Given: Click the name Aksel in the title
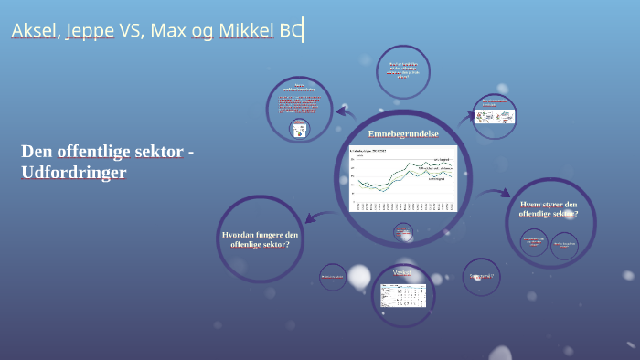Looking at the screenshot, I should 35,32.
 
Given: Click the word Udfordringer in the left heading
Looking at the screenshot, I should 73,172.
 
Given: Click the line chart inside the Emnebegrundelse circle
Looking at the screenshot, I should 402,178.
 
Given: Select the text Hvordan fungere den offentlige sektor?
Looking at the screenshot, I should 260,239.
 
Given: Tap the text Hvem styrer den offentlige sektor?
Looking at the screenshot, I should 549,208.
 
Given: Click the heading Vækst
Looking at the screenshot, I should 403,273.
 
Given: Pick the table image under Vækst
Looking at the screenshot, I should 403,295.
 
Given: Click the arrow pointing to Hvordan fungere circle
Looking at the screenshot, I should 315,217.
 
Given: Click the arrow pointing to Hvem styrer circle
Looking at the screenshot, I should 495,193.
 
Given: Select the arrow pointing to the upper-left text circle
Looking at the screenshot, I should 344,112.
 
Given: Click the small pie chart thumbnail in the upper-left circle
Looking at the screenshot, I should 297,130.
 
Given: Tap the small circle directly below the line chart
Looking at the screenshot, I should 403,234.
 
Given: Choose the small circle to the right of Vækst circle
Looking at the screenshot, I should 481,276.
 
